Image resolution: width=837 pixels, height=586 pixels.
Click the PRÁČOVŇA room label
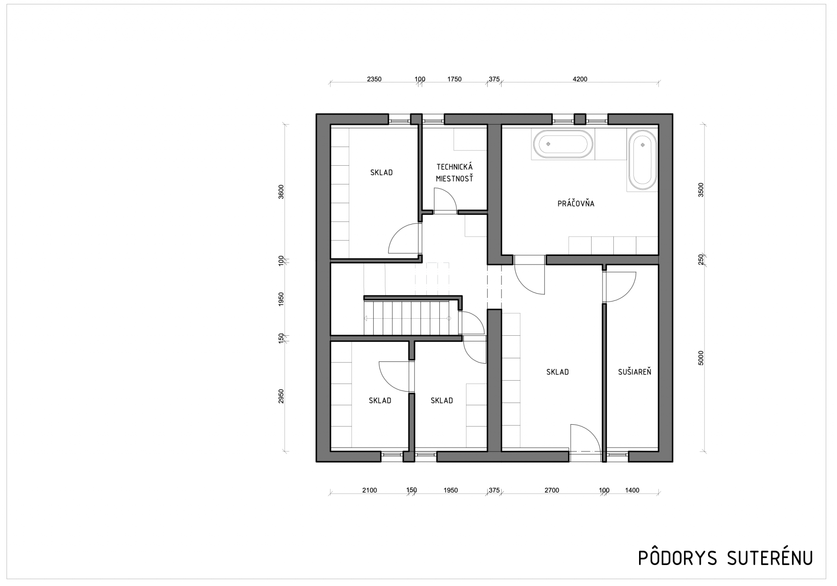point(575,203)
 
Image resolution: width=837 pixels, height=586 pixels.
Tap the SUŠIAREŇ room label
point(634,372)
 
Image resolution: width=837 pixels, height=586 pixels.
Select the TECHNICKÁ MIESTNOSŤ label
point(454,173)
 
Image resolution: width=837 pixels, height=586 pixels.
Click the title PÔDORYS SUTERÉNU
point(725,558)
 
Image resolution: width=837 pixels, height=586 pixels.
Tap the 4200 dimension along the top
point(580,79)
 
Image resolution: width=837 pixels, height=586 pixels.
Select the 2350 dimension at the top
point(374,79)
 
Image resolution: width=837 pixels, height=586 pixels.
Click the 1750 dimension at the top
point(454,79)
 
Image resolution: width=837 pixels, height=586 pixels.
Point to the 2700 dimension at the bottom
point(551,491)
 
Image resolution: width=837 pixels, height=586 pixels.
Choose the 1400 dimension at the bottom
point(632,491)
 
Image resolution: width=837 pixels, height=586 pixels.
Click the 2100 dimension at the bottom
point(369,491)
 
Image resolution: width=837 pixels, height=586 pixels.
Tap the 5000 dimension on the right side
point(701,358)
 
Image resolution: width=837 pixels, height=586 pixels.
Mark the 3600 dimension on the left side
point(281,192)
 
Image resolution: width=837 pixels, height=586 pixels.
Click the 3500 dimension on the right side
point(701,190)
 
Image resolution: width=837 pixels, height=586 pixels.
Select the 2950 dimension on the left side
point(281,396)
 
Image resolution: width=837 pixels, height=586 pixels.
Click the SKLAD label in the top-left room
point(381,173)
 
